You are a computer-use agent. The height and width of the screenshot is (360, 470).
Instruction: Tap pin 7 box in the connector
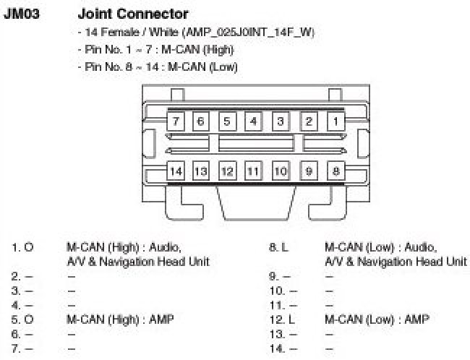tap(176, 121)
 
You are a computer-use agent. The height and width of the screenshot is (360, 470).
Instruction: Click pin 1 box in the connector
tap(336, 121)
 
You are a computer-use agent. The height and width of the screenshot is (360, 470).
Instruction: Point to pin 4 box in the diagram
tap(253, 121)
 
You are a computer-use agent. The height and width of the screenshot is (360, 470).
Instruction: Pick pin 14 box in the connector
tap(176, 171)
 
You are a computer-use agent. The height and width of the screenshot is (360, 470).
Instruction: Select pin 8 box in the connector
tap(336, 171)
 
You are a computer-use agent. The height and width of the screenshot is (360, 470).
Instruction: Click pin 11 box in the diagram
tap(252, 171)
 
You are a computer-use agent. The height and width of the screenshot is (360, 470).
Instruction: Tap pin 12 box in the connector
tap(227, 171)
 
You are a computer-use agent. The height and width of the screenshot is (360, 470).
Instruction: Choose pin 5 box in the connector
tap(227, 121)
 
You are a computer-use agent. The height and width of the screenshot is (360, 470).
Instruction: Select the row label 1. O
tap(22, 247)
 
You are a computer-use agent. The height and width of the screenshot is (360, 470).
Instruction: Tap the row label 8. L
tap(278, 247)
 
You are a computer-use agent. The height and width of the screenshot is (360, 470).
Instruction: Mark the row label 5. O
tap(22, 317)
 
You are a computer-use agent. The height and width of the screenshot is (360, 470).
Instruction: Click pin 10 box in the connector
tap(281, 171)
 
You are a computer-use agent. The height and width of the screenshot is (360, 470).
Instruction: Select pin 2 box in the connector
tap(309, 121)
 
